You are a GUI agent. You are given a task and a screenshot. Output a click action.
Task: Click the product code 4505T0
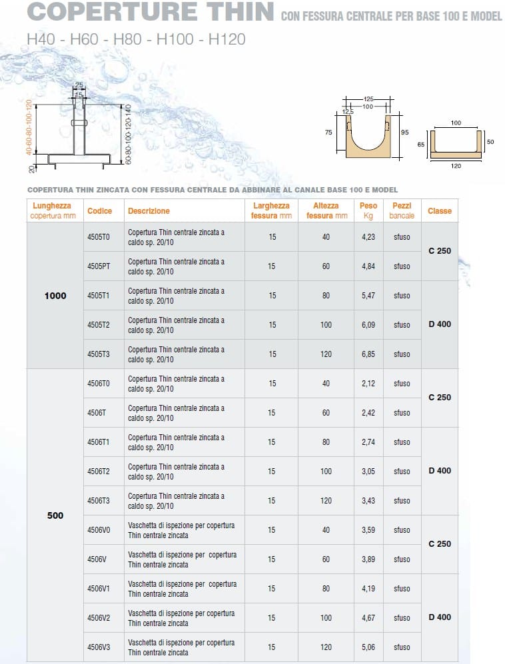point(99,237)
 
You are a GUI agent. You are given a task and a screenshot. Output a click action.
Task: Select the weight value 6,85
point(368,354)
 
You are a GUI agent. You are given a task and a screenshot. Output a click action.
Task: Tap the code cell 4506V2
point(99,618)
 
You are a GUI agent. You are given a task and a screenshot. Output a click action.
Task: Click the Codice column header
point(99,211)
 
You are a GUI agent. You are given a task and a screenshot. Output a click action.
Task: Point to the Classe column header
point(440,211)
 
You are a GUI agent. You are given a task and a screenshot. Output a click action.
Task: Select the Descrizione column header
point(149,211)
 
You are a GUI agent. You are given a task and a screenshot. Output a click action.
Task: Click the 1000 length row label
point(55,296)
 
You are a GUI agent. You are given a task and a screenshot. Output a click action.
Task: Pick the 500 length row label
point(55,515)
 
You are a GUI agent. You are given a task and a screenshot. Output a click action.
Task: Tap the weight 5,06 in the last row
point(368,647)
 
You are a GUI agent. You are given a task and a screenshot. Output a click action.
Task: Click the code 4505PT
point(99,266)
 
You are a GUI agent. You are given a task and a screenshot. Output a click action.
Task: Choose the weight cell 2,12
point(368,384)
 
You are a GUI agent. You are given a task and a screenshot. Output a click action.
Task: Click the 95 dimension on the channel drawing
point(404,133)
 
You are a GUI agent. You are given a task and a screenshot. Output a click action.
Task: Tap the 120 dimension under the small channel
point(456,166)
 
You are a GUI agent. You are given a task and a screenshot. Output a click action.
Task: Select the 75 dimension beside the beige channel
point(328,133)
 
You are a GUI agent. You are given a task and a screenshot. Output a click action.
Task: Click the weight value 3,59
point(368,530)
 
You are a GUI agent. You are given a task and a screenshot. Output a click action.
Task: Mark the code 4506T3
point(99,501)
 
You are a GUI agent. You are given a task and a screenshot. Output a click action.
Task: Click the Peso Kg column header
point(368,211)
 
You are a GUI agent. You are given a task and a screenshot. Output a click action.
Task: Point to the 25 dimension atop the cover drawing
point(79,85)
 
